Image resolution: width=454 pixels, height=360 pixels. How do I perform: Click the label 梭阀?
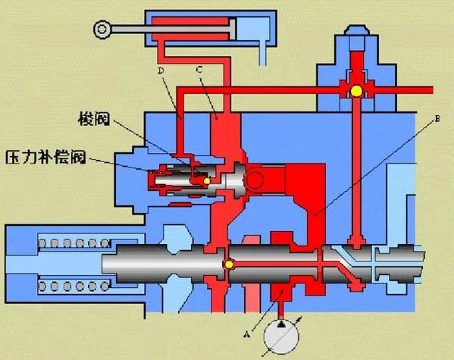point(94,119)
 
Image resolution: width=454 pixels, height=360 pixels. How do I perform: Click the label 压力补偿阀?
point(45,158)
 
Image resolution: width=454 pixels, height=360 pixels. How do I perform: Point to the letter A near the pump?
point(246,334)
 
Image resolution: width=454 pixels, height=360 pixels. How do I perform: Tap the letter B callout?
point(437,118)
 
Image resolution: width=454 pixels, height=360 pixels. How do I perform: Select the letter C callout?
point(199,70)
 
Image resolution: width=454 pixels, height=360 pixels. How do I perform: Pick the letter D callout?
point(161,70)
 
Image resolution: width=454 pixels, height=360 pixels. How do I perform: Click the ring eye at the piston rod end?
point(102,30)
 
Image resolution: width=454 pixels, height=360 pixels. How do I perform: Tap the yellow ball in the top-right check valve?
point(356,91)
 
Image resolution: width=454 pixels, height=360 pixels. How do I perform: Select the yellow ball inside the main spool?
point(229,265)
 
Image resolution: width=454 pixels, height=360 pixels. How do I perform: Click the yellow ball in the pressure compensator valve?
point(207,181)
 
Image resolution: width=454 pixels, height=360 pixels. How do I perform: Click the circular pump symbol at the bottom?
point(281,336)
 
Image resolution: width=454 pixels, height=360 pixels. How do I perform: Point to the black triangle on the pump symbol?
point(281,324)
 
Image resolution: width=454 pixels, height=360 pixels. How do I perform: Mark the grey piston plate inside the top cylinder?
point(232,29)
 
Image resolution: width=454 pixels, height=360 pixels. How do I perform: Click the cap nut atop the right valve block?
point(356,30)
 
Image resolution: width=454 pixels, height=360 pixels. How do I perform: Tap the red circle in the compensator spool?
point(254,180)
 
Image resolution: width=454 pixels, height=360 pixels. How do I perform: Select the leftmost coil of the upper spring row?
point(42,243)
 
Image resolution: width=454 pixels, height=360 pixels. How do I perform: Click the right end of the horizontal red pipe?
point(433,90)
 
